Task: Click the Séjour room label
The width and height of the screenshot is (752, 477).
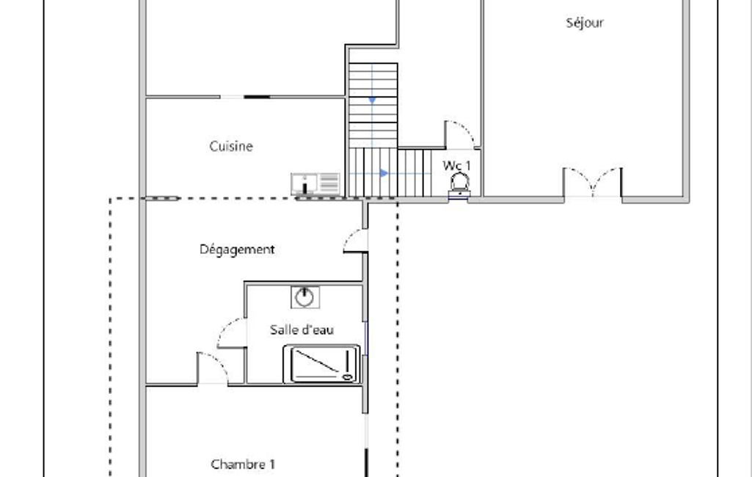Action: (584, 23)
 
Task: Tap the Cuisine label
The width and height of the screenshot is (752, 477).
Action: (230, 146)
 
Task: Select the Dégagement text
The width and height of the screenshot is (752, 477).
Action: (237, 250)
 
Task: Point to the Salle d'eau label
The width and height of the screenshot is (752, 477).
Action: (302, 329)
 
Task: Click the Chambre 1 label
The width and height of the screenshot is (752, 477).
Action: (243, 465)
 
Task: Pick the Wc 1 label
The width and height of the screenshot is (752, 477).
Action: (456, 166)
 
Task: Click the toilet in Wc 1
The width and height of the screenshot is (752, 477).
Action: (459, 185)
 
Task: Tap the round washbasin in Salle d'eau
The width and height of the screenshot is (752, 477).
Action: (304, 297)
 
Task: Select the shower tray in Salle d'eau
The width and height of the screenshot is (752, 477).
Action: (321, 364)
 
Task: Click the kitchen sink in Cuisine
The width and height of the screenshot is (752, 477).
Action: (304, 183)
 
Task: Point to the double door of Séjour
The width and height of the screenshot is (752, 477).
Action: (593, 182)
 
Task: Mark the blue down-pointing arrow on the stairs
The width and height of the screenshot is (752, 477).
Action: (372, 100)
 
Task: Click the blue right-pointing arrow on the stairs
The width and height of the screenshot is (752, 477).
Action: (384, 173)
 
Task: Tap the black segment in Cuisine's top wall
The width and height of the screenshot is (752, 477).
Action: (257, 97)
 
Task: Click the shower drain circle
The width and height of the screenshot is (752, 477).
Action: (347, 378)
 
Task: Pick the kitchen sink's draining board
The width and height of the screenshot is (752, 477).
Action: (329, 183)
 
